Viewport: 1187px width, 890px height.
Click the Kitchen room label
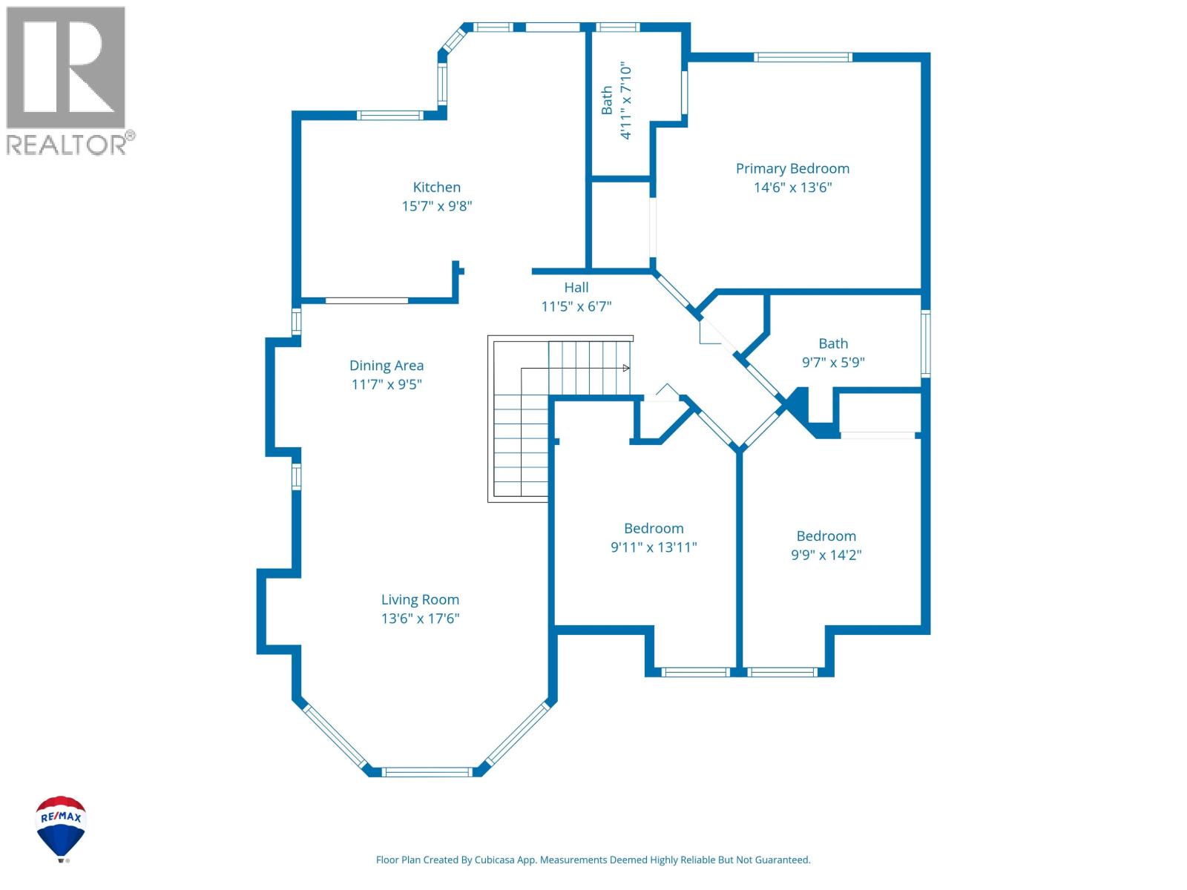[437, 188]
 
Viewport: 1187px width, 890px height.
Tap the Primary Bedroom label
[792, 169]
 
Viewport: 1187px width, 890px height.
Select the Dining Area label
[387, 366]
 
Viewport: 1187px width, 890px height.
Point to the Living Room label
[420, 600]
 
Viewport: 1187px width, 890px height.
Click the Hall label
[576, 288]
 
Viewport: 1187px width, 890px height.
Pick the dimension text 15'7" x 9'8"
[437, 206]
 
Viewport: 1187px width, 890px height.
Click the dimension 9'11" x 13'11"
[654, 547]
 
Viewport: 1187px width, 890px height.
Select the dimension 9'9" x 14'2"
[826, 555]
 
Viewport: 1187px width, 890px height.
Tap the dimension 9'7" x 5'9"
[833, 363]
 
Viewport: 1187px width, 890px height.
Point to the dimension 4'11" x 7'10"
[627, 101]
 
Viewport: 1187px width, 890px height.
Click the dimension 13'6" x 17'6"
[420, 619]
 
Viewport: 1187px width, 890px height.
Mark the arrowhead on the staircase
[626, 368]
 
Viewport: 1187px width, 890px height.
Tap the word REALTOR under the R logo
[67, 144]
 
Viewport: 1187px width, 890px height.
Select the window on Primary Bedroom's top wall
[803, 57]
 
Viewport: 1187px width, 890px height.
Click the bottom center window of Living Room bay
[428, 772]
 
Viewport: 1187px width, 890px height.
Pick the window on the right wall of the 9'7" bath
[926, 343]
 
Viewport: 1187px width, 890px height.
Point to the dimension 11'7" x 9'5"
[387, 384]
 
